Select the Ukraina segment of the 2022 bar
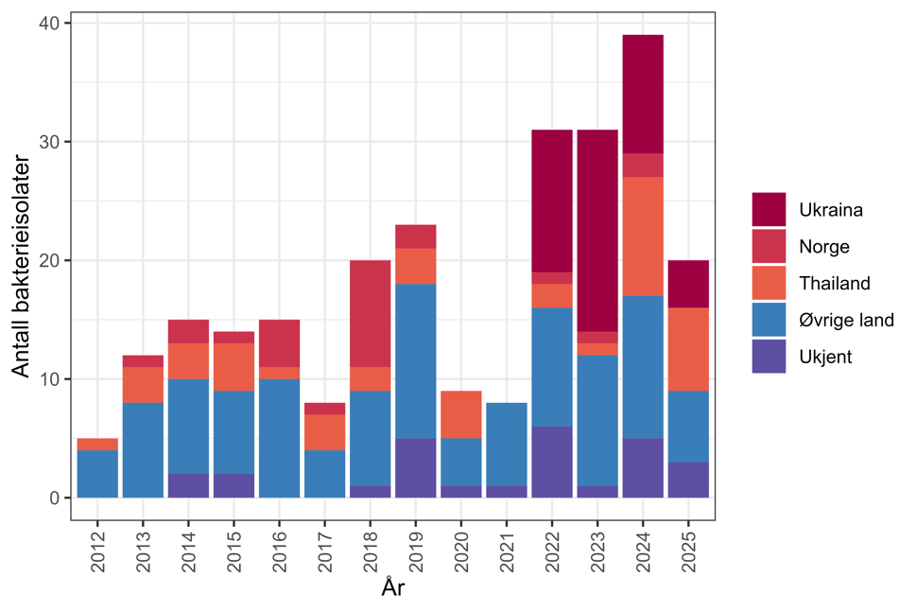pos(551,201)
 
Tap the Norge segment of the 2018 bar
pos(370,313)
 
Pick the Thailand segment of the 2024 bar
pos(642,236)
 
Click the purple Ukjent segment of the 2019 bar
pos(415,468)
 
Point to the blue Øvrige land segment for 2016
pos(279,438)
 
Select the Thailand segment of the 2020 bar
pos(460,414)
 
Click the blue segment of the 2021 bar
pos(506,444)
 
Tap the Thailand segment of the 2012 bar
pos(97,444)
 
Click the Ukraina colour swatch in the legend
pos(769,209)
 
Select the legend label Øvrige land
pos(846,320)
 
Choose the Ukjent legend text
pos(823,357)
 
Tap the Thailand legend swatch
pos(769,283)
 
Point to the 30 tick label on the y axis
pos(53,142)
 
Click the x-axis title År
pos(392,588)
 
